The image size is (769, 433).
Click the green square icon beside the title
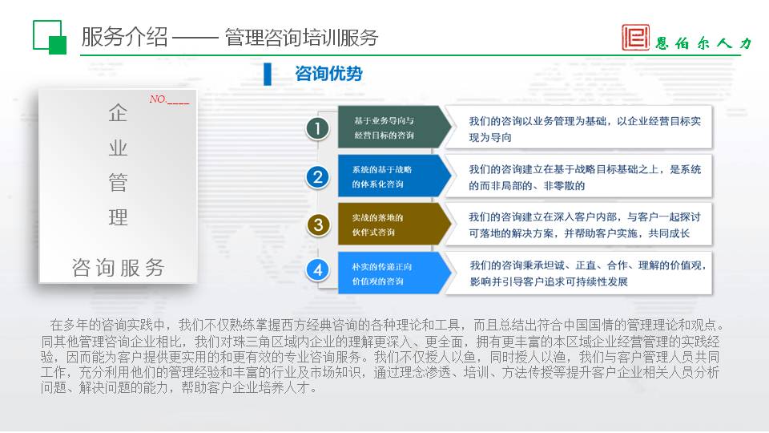(50, 38)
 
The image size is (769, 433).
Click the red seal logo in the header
(635, 38)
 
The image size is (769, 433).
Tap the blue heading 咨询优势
(328, 74)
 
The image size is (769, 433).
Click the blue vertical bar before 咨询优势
(268, 74)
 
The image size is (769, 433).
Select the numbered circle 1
(318, 128)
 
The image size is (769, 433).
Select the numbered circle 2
(318, 176)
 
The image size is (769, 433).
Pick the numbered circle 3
(318, 225)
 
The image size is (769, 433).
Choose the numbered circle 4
(318, 269)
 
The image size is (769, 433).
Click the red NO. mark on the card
(169, 99)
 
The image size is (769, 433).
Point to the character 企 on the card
(118, 113)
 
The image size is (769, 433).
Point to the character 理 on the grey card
(118, 217)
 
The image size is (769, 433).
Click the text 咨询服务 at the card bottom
(118, 268)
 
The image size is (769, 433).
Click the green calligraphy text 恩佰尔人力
(703, 43)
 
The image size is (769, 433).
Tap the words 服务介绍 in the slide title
(124, 38)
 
